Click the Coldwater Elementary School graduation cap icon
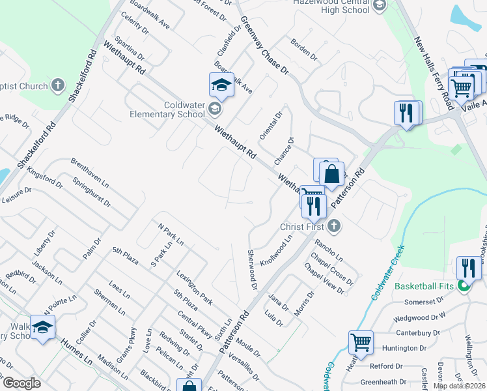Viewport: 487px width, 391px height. (221, 85)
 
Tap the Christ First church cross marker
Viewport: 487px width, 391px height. (333, 226)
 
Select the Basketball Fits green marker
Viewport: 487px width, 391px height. (464, 285)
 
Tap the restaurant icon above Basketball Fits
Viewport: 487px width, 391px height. (467, 268)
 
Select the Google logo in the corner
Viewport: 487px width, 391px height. (22, 384)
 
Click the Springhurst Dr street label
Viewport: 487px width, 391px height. (91, 193)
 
